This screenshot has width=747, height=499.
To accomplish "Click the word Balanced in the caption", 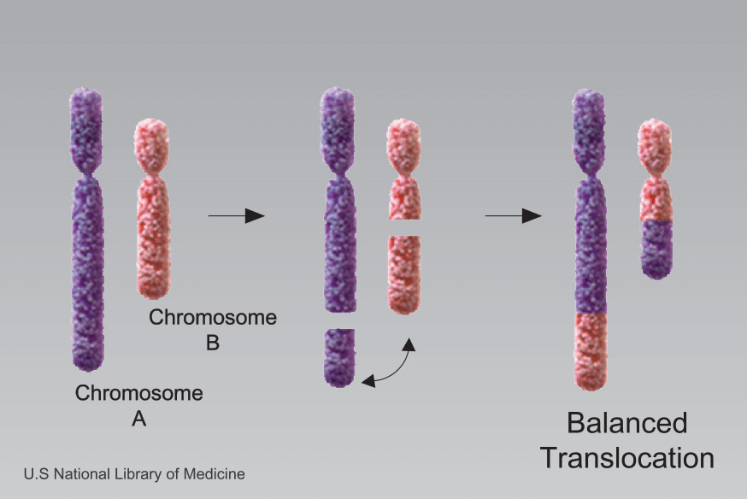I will (627, 423).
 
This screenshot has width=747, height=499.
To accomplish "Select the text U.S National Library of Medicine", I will (134, 473).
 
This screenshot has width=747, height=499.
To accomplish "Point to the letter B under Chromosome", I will (213, 343).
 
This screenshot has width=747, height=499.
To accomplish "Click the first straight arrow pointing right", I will (236, 216).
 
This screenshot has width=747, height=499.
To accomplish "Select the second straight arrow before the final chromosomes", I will (513, 216).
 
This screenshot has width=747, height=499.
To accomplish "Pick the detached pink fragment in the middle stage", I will (404, 273).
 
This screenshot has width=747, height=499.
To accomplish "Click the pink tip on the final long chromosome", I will (591, 350).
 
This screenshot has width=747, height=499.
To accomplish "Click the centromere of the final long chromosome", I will (591, 171).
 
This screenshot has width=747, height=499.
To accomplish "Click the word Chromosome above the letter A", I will (139, 394).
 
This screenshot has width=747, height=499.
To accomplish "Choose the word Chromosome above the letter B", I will (213, 318).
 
